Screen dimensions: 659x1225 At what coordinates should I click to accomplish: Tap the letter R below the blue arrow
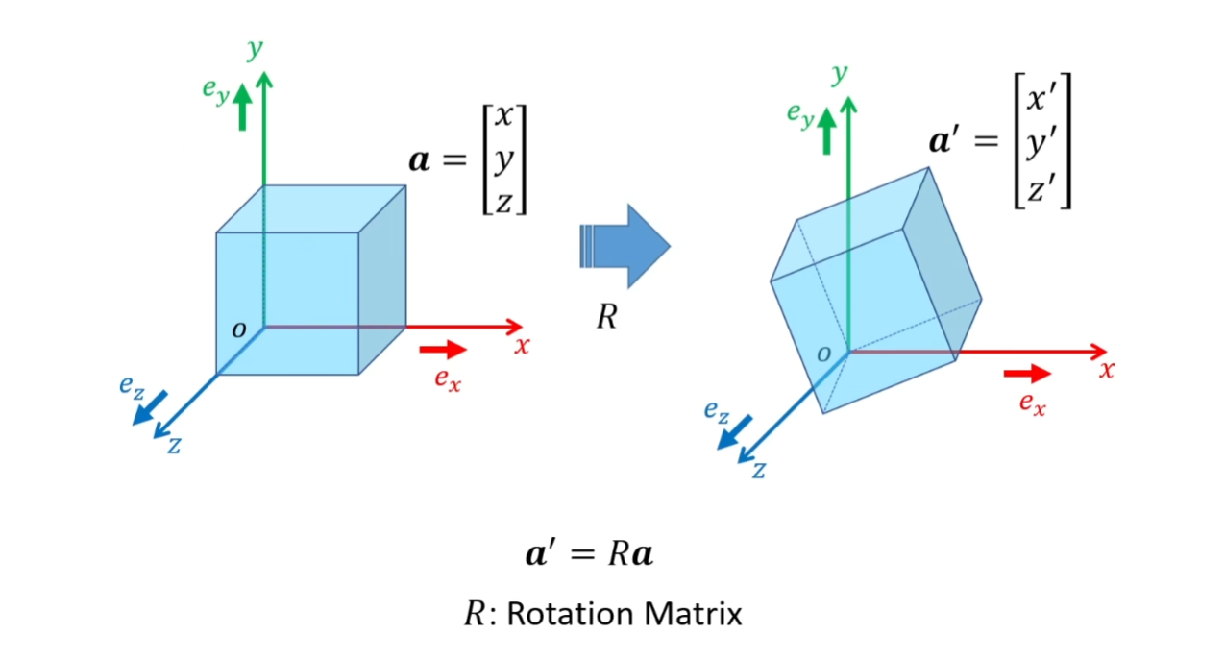click(606, 318)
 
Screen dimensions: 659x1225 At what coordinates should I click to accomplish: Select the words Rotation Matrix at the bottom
click(625, 614)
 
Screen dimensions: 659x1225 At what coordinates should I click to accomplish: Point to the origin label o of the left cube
click(239, 329)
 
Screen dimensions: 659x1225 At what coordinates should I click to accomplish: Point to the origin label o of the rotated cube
click(823, 354)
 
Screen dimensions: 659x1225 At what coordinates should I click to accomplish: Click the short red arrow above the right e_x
click(1027, 373)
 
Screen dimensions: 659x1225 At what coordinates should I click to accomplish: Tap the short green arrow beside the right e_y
click(826, 131)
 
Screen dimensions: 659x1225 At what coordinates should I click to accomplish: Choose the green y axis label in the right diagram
click(841, 74)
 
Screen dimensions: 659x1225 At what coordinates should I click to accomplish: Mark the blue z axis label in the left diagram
click(174, 446)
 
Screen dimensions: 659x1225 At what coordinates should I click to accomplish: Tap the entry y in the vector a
click(503, 160)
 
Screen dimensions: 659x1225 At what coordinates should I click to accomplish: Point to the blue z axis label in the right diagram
click(758, 471)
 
